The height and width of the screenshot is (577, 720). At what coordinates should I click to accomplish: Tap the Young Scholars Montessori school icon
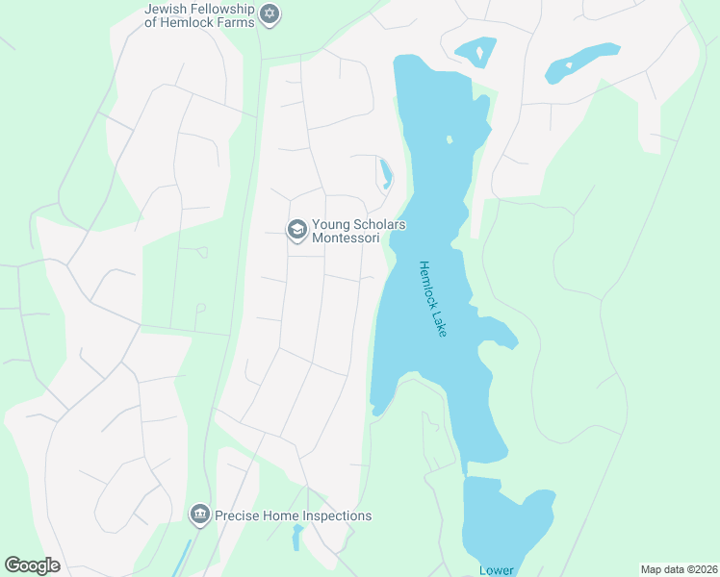tap(296, 230)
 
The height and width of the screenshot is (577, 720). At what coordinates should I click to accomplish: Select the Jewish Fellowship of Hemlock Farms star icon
tap(270, 14)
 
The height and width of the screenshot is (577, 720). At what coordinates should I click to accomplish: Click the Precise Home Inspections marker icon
tap(200, 515)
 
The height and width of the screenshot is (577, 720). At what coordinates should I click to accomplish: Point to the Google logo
tap(32, 565)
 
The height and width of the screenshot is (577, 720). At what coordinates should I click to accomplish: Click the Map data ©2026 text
tap(678, 569)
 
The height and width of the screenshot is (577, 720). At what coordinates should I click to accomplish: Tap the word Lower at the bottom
tap(497, 570)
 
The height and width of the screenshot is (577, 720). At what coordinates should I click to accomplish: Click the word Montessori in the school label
tap(346, 238)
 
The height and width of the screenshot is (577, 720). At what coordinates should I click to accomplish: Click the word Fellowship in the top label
tap(222, 9)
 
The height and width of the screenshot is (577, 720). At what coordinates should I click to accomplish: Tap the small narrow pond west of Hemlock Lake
tap(386, 173)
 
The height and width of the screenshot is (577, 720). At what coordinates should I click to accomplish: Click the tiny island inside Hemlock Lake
tap(449, 139)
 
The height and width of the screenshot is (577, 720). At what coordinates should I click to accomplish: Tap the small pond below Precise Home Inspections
tap(297, 537)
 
